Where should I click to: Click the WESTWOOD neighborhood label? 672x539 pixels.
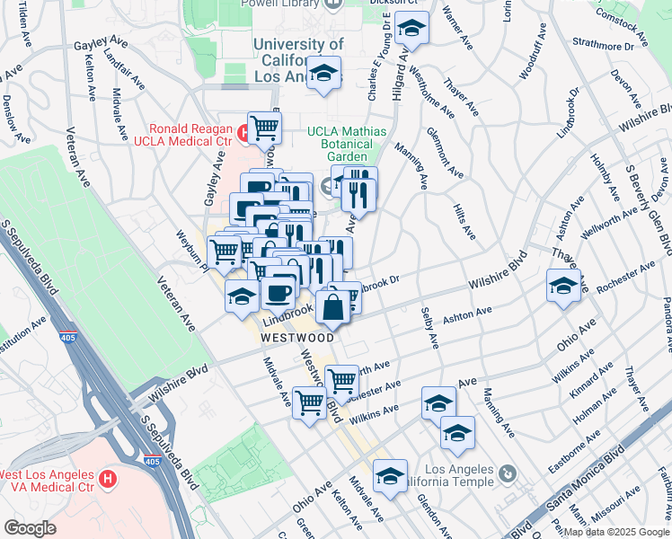[297, 338]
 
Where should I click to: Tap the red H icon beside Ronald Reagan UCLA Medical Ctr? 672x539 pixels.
[243, 134]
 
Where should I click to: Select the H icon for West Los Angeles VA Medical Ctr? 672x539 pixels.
[109, 479]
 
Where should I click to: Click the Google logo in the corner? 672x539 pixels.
[30, 528]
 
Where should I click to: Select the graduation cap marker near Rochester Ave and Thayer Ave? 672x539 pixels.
[563, 287]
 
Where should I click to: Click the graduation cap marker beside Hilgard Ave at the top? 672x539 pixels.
[412, 29]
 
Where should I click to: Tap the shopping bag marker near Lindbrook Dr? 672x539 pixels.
[332, 306]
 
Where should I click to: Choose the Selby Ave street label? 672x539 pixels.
[429, 329]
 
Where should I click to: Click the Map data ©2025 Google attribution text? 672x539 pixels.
[616, 531]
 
